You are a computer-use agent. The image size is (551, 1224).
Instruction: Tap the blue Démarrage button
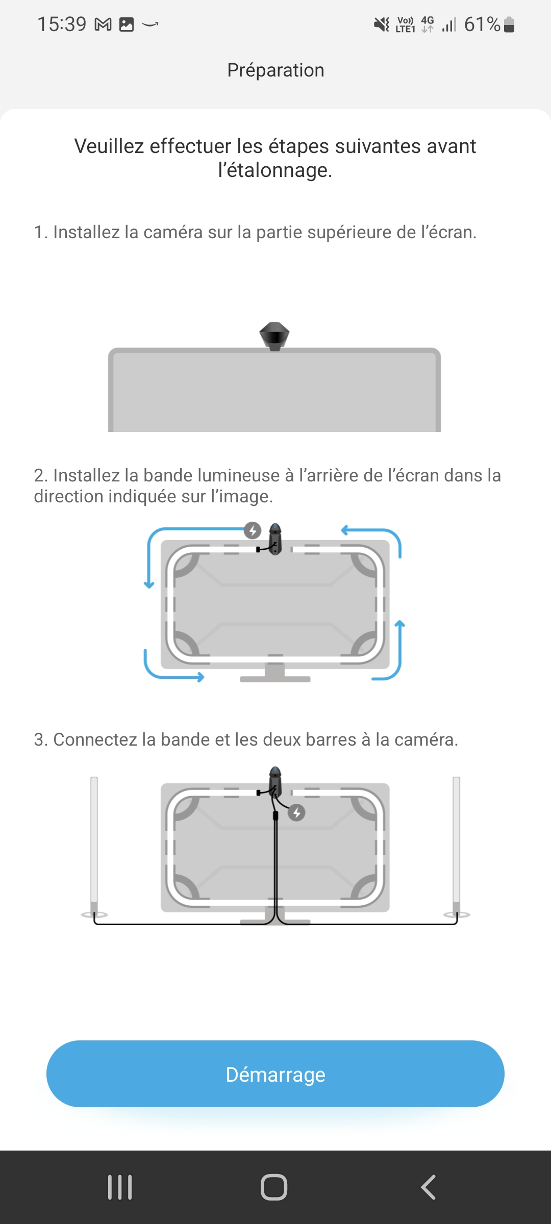[x=275, y=1074]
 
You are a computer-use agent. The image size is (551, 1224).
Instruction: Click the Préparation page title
[x=275, y=70]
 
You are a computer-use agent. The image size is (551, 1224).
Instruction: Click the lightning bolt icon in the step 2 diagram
[x=253, y=530]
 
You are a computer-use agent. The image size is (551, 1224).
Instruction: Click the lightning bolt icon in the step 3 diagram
[x=297, y=812]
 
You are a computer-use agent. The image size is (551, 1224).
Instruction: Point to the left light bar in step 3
[x=94, y=847]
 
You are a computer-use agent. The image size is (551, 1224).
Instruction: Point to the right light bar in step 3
[x=457, y=847]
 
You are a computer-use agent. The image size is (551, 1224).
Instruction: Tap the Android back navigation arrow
[x=428, y=1187]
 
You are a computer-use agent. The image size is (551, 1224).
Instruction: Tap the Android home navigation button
[x=274, y=1187]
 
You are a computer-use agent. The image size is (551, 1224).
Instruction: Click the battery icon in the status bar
[x=509, y=24]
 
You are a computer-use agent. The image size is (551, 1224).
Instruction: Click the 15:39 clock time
[x=62, y=24]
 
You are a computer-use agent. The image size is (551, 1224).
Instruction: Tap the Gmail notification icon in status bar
[x=103, y=24]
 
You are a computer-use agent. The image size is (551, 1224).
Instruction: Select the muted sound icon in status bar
[x=382, y=24]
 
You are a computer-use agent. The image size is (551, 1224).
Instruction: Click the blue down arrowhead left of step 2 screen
[x=149, y=584]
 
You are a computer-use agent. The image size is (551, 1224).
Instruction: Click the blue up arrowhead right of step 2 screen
[x=400, y=624]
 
